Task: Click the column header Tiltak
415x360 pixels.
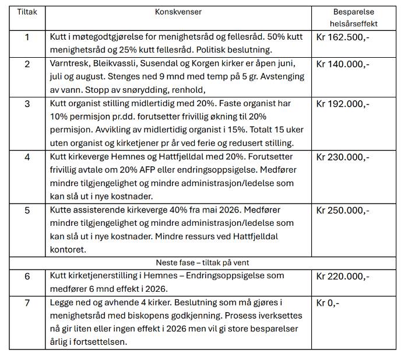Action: click(27, 12)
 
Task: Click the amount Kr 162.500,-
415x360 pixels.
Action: click(342, 37)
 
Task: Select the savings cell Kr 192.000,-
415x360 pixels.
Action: click(342, 104)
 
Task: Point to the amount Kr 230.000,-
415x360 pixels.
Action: click(342, 157)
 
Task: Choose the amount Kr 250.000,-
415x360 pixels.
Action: click(342, 210)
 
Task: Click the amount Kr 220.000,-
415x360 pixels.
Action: click(342, 276)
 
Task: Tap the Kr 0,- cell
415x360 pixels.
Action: click(328, 303)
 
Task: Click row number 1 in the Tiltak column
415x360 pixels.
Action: click(27, 37)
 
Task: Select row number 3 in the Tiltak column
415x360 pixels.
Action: click(27, 104)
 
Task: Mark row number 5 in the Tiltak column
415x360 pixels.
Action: click(27, 210)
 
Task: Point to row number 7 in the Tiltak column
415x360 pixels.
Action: click(27, 303)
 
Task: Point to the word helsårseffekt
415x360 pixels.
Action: click(353, 23)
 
